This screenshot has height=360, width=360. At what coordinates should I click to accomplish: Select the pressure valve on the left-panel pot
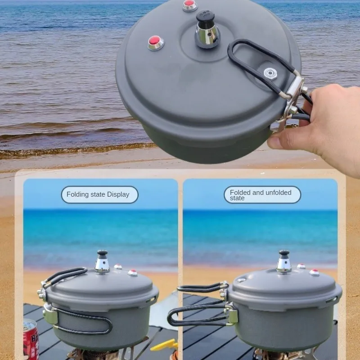pyautogui.click(x=102, y=262)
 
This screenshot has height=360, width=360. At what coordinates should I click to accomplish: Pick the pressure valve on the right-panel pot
pyautogui.click(x=284, y=262)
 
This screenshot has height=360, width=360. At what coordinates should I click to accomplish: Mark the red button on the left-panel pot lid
pyautogui.click(x=132, y=273)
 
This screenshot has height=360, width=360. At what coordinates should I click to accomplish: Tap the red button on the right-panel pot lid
pyautogui.click(x=314, y=272)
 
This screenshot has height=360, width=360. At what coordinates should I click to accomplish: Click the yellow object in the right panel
pyautogui.click(x=165, y=346)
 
